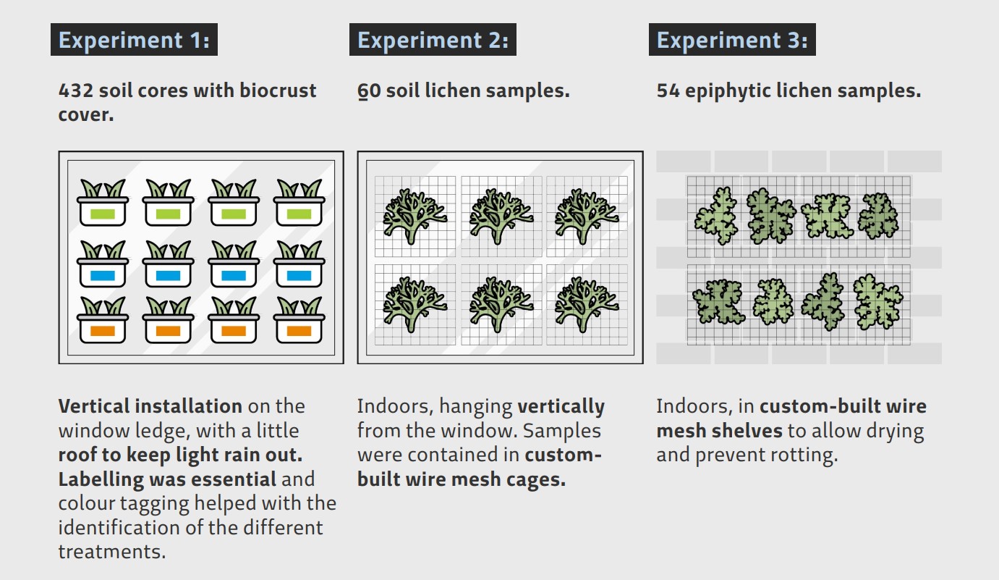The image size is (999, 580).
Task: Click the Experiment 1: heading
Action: (x=134, y=40)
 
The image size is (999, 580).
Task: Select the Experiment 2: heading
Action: (x=433, y=40)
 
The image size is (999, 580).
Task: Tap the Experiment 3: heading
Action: (x=732, y=40)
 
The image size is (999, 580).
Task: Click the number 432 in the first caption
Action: (x=76, y=91)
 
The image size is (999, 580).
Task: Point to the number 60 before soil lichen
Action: (x=369, y=91)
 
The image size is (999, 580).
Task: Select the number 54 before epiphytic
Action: (x=668, y=91)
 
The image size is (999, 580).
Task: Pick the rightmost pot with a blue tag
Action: (x=299, y=264)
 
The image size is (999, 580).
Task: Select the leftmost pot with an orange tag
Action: (x=103, y=320)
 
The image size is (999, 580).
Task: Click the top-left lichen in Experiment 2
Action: (x=415, y=217)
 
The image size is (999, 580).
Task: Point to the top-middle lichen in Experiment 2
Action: (x=501, y=217)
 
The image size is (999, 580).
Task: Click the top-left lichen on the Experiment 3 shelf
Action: (x=716, y=216)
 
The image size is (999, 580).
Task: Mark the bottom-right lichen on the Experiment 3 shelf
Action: (x=877, y=302)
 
